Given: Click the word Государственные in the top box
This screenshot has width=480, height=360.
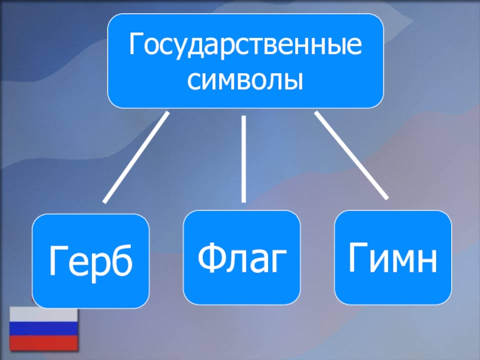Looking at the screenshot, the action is (245, 47).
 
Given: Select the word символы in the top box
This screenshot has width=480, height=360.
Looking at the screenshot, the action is (245, 79).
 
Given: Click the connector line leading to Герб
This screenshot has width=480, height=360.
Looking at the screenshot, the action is (136, 157).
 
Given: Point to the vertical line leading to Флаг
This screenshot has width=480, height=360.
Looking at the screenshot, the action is (244, 159).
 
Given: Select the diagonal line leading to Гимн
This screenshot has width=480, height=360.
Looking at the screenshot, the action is (351, 155).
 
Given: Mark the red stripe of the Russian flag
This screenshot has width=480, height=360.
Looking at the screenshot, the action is (43, 342).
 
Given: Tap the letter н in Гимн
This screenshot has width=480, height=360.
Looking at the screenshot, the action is (425, 260).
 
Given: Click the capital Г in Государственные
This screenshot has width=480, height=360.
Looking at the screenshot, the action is (137, 46).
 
